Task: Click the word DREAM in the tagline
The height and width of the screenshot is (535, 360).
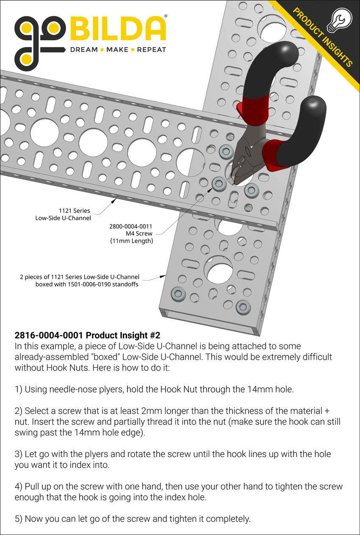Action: coord(83,50)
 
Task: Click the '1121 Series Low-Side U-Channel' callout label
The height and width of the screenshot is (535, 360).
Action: coord(63,214)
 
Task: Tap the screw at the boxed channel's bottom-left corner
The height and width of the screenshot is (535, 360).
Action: coord(177,293)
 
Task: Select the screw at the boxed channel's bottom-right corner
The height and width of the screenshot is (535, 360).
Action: coord(243,306)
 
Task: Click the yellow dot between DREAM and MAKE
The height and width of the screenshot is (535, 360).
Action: coord(102,50)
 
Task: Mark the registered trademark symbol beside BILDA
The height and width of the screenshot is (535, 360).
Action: coord(165,17)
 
